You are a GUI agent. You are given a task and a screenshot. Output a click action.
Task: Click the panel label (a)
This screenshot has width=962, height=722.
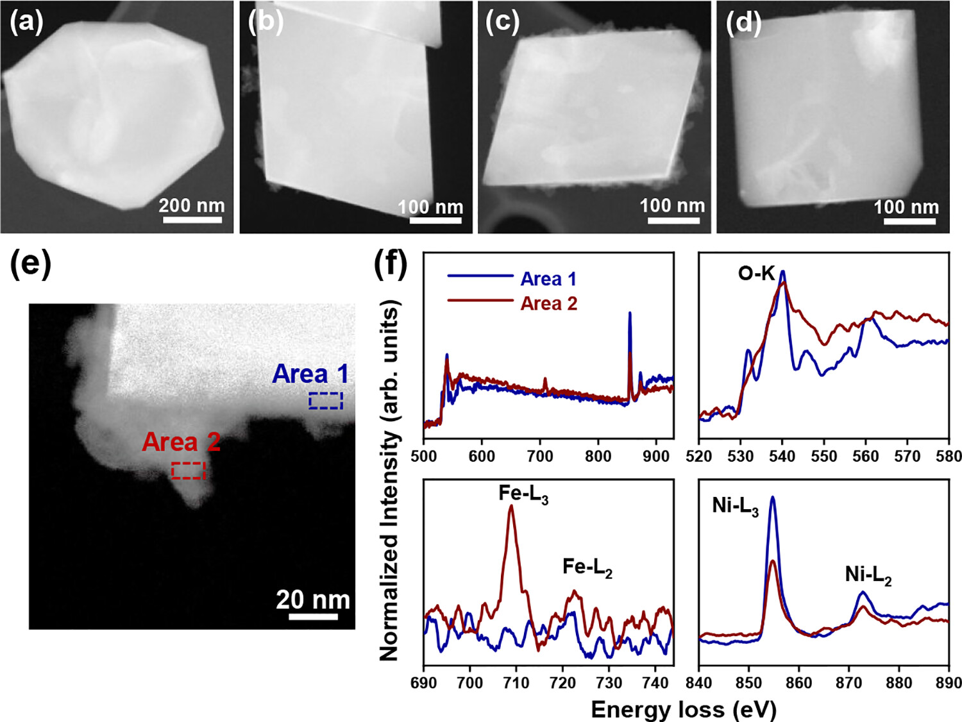26,22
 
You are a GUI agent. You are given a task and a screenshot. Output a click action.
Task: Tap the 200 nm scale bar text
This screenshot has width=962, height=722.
192,205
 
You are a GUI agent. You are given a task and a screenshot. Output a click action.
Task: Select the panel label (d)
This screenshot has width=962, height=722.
743,23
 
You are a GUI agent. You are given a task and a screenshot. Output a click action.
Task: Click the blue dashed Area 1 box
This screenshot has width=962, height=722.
326,401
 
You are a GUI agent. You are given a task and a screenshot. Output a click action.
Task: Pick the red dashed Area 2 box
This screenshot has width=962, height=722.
189,471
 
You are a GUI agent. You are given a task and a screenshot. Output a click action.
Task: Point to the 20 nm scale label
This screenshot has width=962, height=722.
313,600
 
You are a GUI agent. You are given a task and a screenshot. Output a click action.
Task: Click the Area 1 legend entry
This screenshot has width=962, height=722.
548,279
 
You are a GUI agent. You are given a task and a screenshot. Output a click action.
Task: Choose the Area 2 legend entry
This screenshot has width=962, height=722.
548,303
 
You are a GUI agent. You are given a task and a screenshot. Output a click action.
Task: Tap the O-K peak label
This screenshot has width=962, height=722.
757,274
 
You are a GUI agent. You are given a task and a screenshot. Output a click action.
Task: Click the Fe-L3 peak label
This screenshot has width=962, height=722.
523,493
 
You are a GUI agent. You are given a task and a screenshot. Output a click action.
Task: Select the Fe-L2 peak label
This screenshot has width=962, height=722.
587,567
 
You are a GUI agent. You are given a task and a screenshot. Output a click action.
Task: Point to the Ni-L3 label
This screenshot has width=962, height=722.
735,506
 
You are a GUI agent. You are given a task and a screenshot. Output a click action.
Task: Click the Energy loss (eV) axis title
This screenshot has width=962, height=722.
684,710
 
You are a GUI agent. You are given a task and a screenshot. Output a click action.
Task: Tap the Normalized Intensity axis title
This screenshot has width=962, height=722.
389,481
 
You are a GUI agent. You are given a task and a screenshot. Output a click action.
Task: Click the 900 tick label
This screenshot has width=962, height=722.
655,456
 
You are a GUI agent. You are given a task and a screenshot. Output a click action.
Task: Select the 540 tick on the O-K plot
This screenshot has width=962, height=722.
782,456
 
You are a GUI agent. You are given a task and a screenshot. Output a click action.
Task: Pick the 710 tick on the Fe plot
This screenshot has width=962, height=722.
516,683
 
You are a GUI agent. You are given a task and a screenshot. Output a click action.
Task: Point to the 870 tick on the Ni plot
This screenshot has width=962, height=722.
848,683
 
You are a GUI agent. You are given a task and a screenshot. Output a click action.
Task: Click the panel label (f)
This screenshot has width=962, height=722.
391,263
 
